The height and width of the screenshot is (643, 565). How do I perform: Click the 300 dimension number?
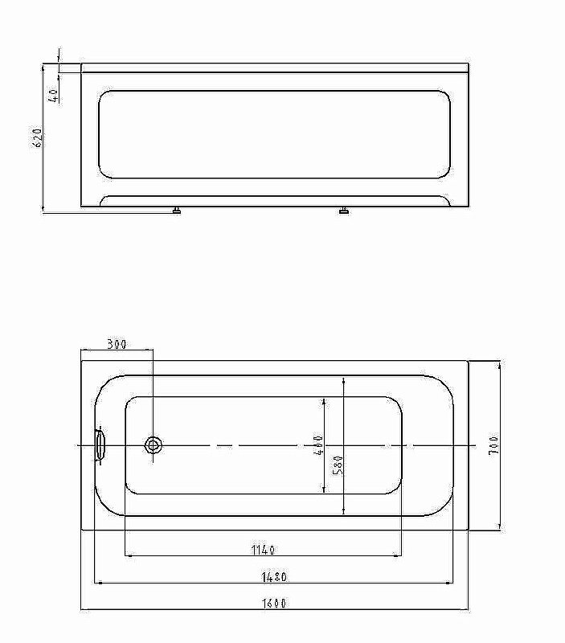click(117, 344)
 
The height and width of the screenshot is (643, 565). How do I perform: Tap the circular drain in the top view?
click(153, 445)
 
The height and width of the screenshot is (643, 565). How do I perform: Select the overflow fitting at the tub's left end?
click(100, 444)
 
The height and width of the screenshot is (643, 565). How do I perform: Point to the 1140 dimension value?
click(263, 550)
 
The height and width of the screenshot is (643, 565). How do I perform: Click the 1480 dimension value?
click(274, 576)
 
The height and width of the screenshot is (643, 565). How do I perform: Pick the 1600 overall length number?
click(274, 603)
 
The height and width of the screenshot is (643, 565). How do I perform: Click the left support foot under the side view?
click(176, 211)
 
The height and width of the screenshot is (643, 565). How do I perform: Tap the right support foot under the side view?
click(344, 211)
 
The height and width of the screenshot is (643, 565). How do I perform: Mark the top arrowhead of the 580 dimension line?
click(344, 379)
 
